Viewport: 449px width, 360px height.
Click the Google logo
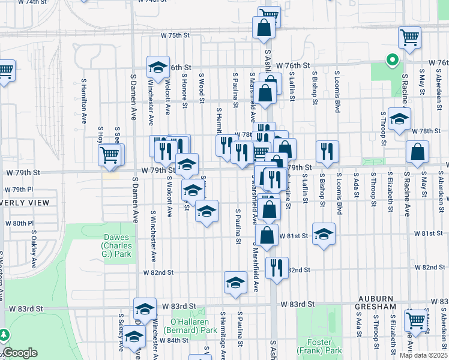(19, 353)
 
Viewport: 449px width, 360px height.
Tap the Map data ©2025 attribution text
(423, 355)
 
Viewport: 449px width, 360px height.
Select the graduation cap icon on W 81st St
(324, 234)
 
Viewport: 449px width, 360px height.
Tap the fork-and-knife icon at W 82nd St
(277, 266)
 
